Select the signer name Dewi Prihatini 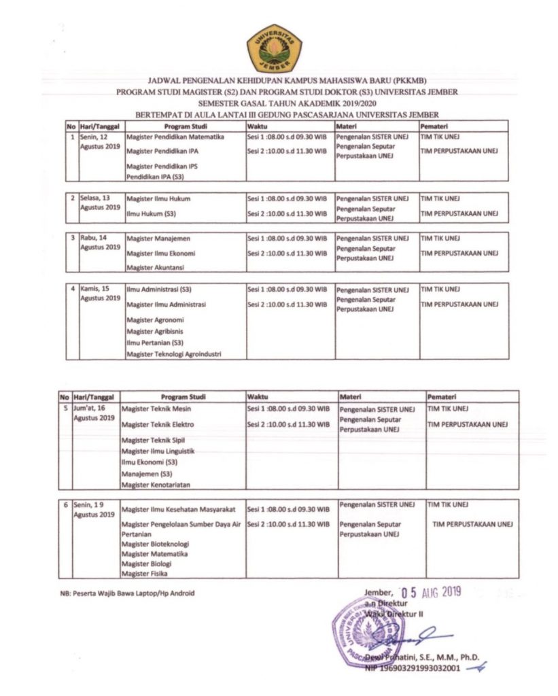pos(421,657)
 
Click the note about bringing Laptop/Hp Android pos(127,593)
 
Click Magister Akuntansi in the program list pos(155,268)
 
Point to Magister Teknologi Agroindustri pos(174,353)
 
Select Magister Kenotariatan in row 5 pos(155,485)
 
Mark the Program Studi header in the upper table pos(185,126)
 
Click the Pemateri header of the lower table pos(442,396)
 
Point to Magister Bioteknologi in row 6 pos(155,544)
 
